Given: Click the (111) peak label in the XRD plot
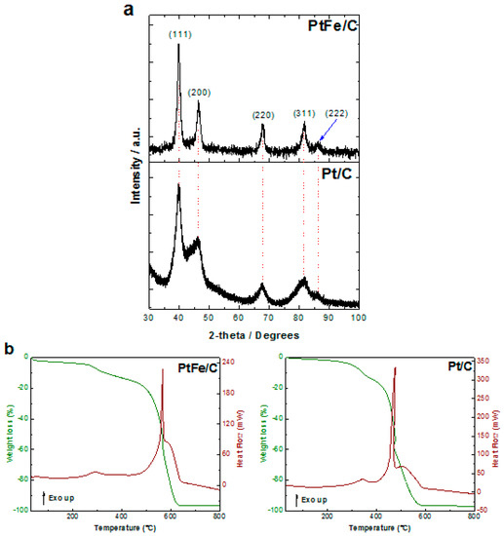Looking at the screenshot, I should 177,35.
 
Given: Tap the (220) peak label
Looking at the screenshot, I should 262,115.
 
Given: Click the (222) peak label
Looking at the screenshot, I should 342,114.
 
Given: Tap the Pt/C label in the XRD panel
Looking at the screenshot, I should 336,175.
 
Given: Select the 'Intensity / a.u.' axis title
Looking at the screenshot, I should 134,179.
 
